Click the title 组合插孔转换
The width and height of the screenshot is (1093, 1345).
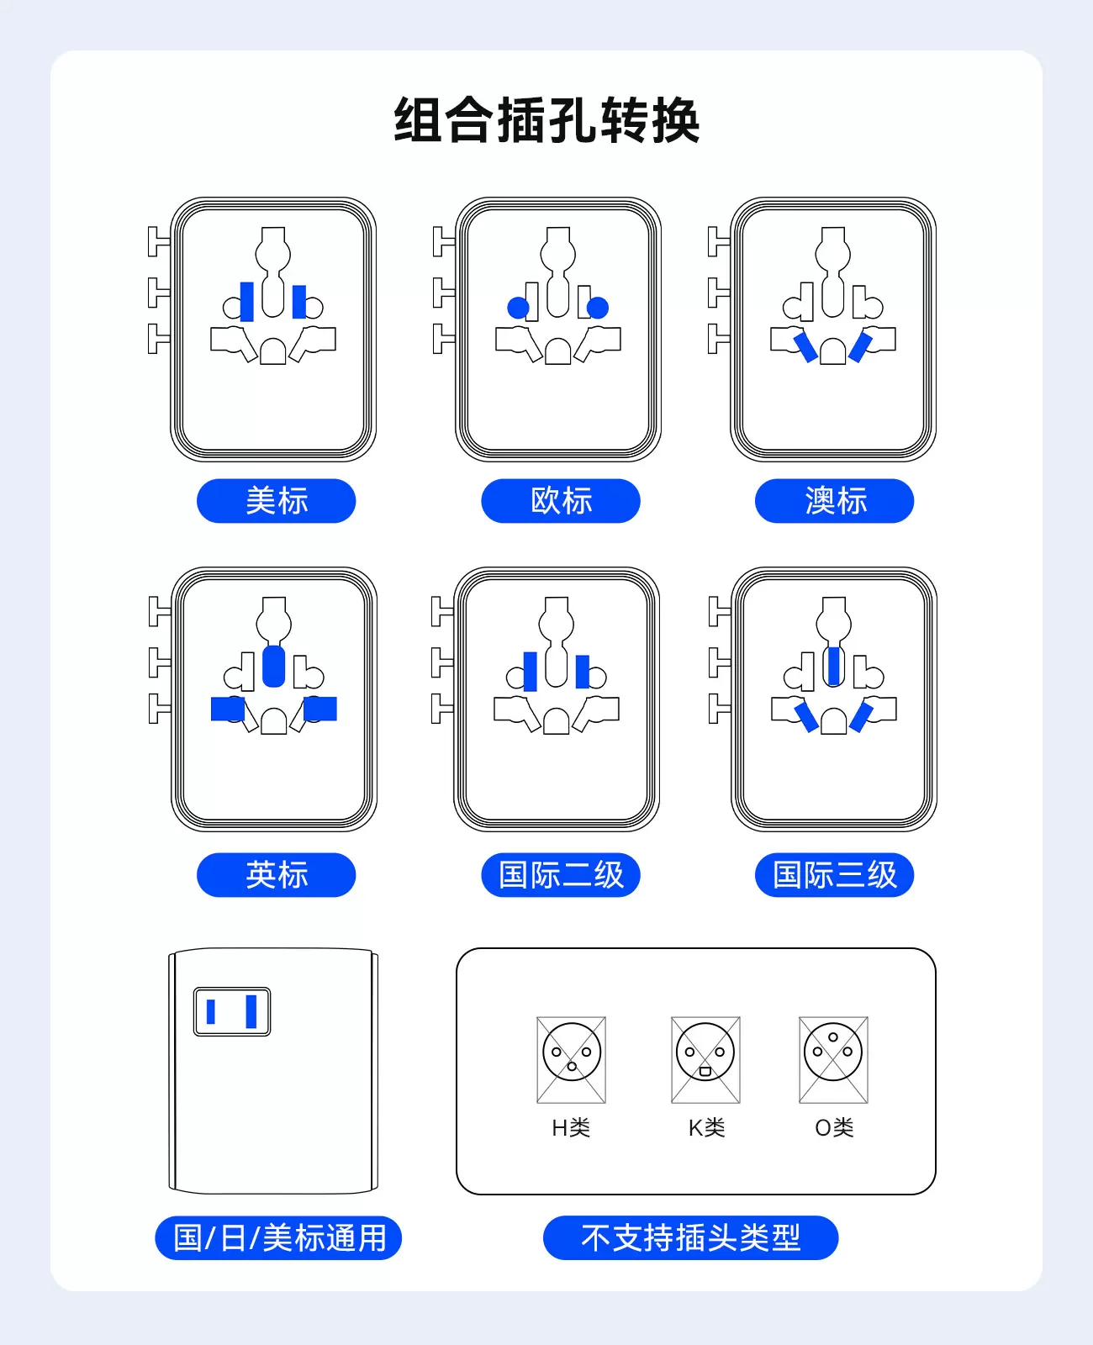click(x=546, y=120)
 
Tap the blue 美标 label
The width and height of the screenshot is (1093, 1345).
click(x=276, y=501)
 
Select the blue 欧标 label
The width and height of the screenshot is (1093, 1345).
click(x=561, y=501)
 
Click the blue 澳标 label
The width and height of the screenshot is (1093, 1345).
click(x=834, y=501)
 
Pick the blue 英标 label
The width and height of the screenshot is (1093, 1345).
click(x=276, y=874)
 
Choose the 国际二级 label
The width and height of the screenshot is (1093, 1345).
click(x=561, y=874)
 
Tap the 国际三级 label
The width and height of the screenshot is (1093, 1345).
click(x=834, y=874)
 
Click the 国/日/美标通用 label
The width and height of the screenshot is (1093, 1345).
click(x=278, y=1237)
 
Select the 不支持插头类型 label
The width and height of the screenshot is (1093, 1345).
click(x=691, y=1237)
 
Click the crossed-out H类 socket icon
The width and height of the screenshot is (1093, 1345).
click(x=572, y=1059)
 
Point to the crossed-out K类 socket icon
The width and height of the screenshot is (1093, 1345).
click(x=705, y=1059)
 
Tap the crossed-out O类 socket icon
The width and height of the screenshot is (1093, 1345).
click(x=833, y=1059)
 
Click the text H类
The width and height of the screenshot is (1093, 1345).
click(x=571, y=1127)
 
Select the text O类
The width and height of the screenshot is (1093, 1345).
click(x=834, y=1127)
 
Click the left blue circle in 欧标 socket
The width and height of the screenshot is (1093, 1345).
click(x=519, y=309)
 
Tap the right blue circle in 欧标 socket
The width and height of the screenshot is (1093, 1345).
click(x=597, y=309)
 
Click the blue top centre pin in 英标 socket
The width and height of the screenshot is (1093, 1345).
click(x=273, y=666)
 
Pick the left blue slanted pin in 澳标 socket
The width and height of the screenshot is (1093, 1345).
click(x=805, y=347)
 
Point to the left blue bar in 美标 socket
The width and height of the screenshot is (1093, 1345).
click(x=247, y=302)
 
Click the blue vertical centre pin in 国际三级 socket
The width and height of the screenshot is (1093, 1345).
click(x=833, y=666)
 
